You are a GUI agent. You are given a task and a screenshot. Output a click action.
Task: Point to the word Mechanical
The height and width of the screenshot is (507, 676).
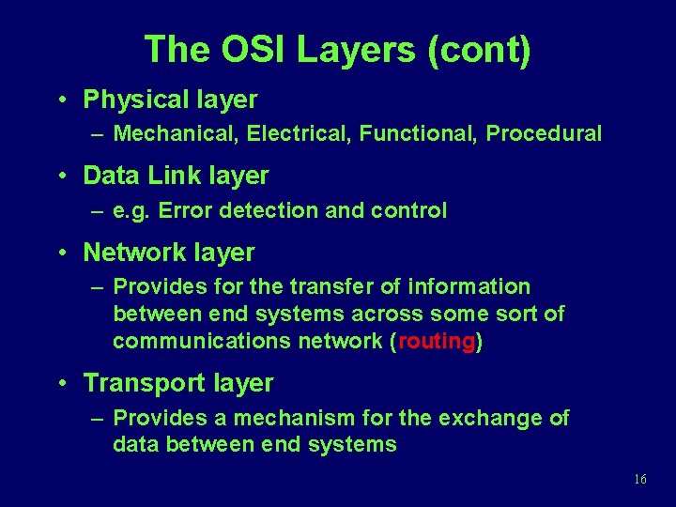175,133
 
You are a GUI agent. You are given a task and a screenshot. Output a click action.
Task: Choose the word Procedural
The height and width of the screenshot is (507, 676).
544,133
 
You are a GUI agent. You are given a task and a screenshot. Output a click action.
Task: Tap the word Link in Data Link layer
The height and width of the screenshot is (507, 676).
171,176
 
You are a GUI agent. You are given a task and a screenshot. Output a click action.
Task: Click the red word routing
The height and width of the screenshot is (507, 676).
437,341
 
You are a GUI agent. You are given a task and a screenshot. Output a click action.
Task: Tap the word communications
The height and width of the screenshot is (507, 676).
199,341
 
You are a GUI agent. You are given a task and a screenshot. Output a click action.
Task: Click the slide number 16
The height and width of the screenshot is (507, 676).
640,479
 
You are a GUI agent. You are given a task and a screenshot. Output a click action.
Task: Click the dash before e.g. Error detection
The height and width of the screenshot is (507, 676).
98,211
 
